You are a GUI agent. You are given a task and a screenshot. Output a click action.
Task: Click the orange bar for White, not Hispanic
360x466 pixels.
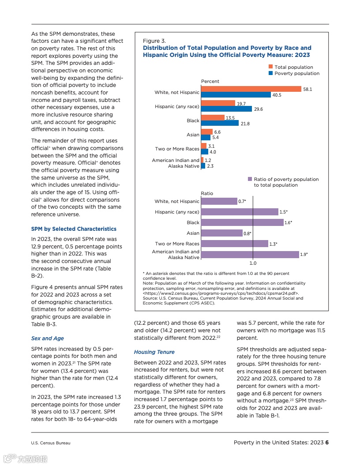251,89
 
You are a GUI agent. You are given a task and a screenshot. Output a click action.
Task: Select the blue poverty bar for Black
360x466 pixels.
220,124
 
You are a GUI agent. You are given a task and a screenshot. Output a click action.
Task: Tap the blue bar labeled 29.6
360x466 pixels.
226,109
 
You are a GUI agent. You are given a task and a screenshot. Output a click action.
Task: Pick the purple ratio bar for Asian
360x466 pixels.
221,233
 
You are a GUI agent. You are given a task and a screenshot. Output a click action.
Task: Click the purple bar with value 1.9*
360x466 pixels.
250,254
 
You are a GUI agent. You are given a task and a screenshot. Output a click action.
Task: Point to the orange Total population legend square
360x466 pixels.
270,67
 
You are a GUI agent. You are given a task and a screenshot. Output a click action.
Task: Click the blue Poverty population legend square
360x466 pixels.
270,73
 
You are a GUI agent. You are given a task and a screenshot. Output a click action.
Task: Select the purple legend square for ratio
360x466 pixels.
250,179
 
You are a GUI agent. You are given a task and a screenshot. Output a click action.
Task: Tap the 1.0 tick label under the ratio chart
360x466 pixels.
253,263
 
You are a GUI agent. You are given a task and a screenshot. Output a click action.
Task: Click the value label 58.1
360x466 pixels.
307,89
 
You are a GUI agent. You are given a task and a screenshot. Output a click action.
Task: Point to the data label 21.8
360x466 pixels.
245,124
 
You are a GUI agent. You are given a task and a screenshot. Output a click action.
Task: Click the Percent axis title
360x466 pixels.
210,81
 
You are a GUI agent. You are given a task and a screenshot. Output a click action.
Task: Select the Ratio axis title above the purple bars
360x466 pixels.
207,193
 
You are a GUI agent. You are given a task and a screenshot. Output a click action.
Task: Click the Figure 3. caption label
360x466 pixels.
154,41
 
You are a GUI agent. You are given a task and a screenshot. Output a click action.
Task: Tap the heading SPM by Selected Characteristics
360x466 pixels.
74,229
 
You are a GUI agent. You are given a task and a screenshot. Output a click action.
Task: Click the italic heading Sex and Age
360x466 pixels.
47,338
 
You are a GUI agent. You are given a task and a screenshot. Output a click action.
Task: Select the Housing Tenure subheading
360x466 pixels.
154,352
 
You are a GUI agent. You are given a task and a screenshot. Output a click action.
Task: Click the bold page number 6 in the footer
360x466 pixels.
327,443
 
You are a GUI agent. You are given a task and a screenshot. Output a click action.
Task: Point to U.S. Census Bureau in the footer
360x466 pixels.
50,443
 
